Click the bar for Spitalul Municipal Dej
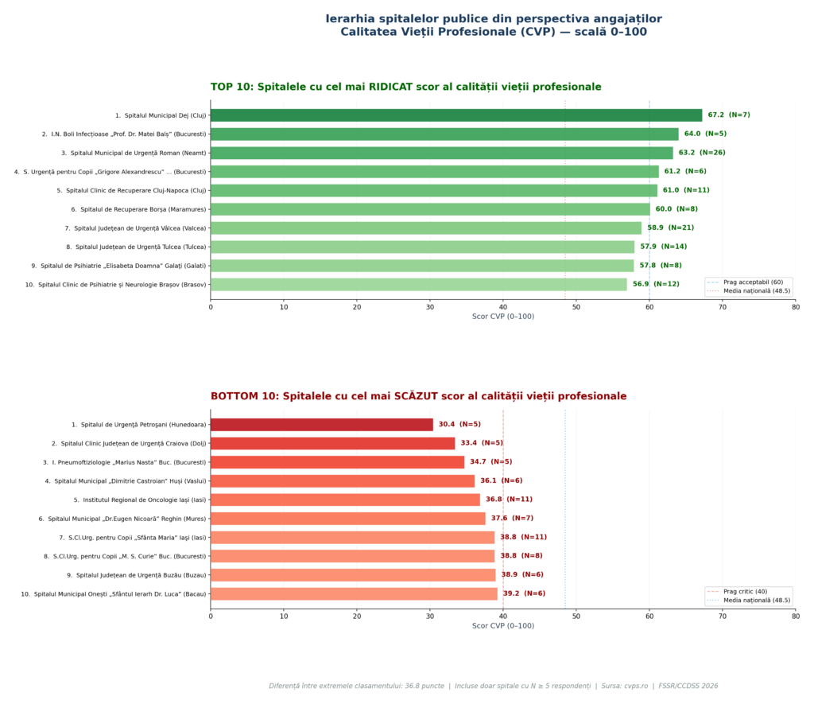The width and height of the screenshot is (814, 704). point(456,115)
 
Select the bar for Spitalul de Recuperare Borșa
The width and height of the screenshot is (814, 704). point(430,209)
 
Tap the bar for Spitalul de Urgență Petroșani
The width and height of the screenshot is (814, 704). point(322,425)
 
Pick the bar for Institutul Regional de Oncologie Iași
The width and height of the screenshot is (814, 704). point(345,500)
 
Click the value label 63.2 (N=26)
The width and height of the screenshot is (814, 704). point(702,153)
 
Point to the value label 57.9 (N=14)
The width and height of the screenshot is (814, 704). point(663,247)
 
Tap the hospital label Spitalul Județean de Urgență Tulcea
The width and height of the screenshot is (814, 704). point(136,247)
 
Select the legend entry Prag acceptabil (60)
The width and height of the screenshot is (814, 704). point(753,282)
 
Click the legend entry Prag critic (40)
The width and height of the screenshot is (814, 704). point(745,592)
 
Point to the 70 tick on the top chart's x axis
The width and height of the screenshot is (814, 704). point(723,306)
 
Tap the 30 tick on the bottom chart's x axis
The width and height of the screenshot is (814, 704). point(430,616)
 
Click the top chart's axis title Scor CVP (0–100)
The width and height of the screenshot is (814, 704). point(502,317)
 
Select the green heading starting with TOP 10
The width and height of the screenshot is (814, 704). point(405,87)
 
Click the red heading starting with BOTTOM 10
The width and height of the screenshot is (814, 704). point(418,396)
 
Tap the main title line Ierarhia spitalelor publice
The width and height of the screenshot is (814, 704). point(493,19)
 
